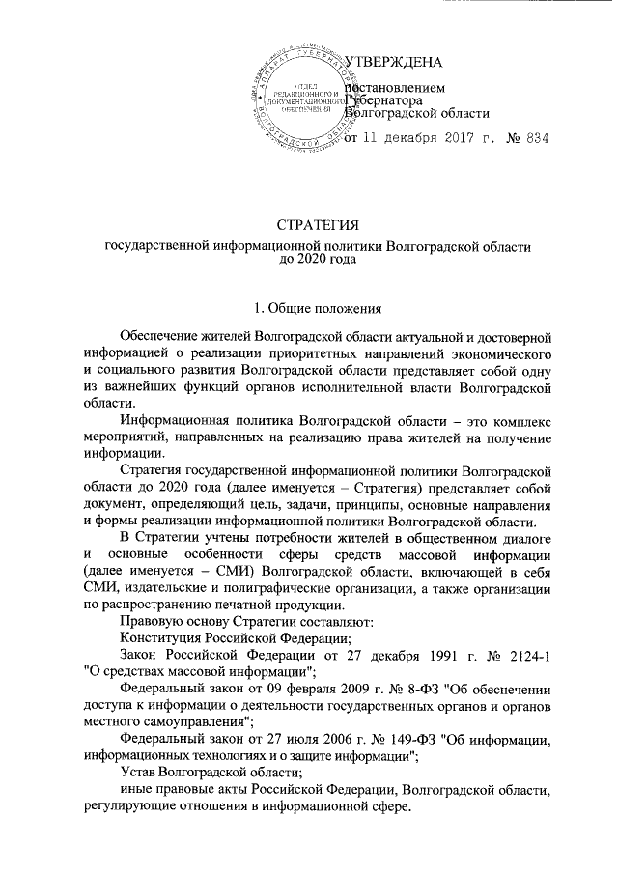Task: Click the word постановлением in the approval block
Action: (x=396, y=86)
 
